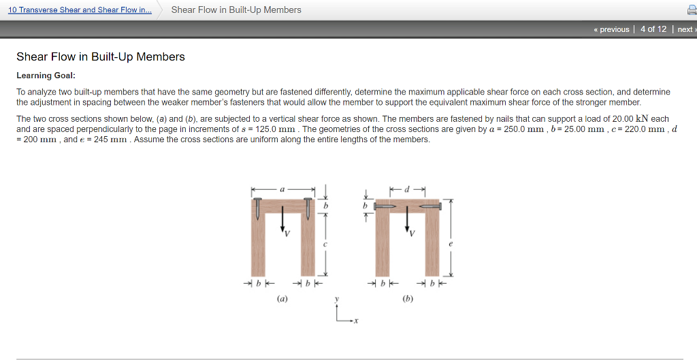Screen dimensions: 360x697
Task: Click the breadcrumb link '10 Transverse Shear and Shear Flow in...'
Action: pyautogui.click(x=80, y=10)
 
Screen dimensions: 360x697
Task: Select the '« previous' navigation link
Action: pyautogui.click(x=611, y=29)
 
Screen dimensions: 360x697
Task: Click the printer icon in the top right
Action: pyautogui.click(x=690, y=10)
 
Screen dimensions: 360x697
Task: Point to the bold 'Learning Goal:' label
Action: pyautogui.click(x=46, y=75)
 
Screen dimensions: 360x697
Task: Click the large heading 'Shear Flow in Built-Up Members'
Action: pyautogui.click(x=101, y=56)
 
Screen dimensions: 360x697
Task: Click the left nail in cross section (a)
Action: pyautogui.click(x=258, y=208)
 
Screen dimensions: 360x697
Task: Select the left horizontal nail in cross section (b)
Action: pyautogui.click(x=385, y=206)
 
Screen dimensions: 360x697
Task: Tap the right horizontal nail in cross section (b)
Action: pyautogui.click(x=431, y=206)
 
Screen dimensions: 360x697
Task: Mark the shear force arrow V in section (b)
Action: pyautogui.click(x=407, y=220)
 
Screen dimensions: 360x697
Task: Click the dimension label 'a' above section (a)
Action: pyautogui.click(x=283, y=189)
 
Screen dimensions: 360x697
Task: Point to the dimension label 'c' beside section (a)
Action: pyautogui.click(x=325, y=244)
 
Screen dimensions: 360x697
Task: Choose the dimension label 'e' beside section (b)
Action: pyautogui.click(x=450, y=243)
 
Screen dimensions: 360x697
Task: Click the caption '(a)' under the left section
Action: pyautogui.click(x=282, y=297)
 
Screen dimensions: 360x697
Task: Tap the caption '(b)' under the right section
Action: pyautogui.click(x=408, y=297)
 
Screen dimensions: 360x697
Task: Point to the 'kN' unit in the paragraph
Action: pyautogui.click(x=641, y=118)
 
